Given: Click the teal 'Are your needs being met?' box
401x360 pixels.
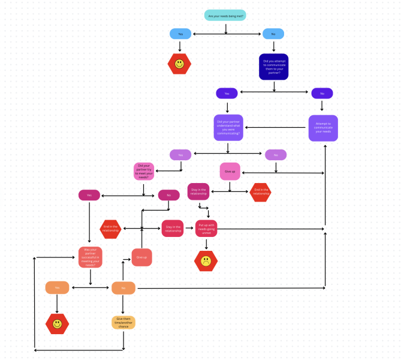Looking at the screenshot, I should click(x=225, y=15).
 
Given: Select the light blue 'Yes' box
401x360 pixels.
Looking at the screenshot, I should click(x=180, y=34).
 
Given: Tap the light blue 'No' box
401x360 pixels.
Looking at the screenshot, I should click(x=273, y=34).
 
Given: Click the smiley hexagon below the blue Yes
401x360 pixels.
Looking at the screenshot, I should click(x=179, y=64).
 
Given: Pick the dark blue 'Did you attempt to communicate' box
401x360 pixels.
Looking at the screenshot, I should click(x=274, y=67).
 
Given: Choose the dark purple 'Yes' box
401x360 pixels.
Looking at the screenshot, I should click(x=227, y=93).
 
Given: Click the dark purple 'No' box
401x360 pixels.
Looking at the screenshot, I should click(x=322, y=93).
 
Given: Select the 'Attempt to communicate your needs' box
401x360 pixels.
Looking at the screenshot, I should click(x=323, y=128).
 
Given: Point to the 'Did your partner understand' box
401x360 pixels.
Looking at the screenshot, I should click(x=228, y=127).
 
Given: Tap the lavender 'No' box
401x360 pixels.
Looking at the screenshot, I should click(x=276, y=155).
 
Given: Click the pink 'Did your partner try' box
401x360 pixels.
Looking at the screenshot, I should click(x=144, y=171).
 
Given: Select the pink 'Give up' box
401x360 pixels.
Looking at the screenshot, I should click(x=230, y=171).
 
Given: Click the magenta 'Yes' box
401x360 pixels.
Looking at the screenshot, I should click(x=89, y=195).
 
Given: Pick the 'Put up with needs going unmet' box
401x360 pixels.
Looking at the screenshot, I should click(x=206, y=228).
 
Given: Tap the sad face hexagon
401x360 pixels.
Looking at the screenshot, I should click(x=206, y=261).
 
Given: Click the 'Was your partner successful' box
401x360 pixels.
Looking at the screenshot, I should click(x=91, y=257).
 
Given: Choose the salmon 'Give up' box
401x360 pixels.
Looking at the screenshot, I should click(x=142, y=257).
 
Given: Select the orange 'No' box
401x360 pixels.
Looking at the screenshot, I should click(x=123, y=288).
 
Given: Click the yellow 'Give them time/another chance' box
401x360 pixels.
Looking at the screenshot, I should click(x=123, y=322).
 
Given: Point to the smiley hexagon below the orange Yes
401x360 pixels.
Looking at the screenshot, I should click(x=58, y=324).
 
